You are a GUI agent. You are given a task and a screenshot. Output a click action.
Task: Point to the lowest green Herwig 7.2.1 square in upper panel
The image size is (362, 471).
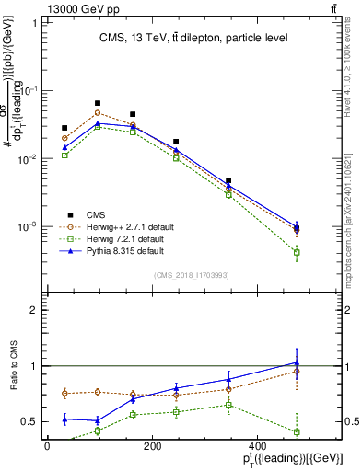(x=297, y=252)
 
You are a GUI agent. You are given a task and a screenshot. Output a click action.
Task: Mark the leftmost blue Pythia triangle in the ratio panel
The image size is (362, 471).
(x=64, y=419)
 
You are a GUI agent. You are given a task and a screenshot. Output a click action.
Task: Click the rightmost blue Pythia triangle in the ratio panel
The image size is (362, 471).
(x=297, y=362)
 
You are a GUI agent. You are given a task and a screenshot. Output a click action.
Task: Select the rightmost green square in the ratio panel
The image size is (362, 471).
(x=297, y=431)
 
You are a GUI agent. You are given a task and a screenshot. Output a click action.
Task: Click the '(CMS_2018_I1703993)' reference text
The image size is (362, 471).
(x=193, y=274)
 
